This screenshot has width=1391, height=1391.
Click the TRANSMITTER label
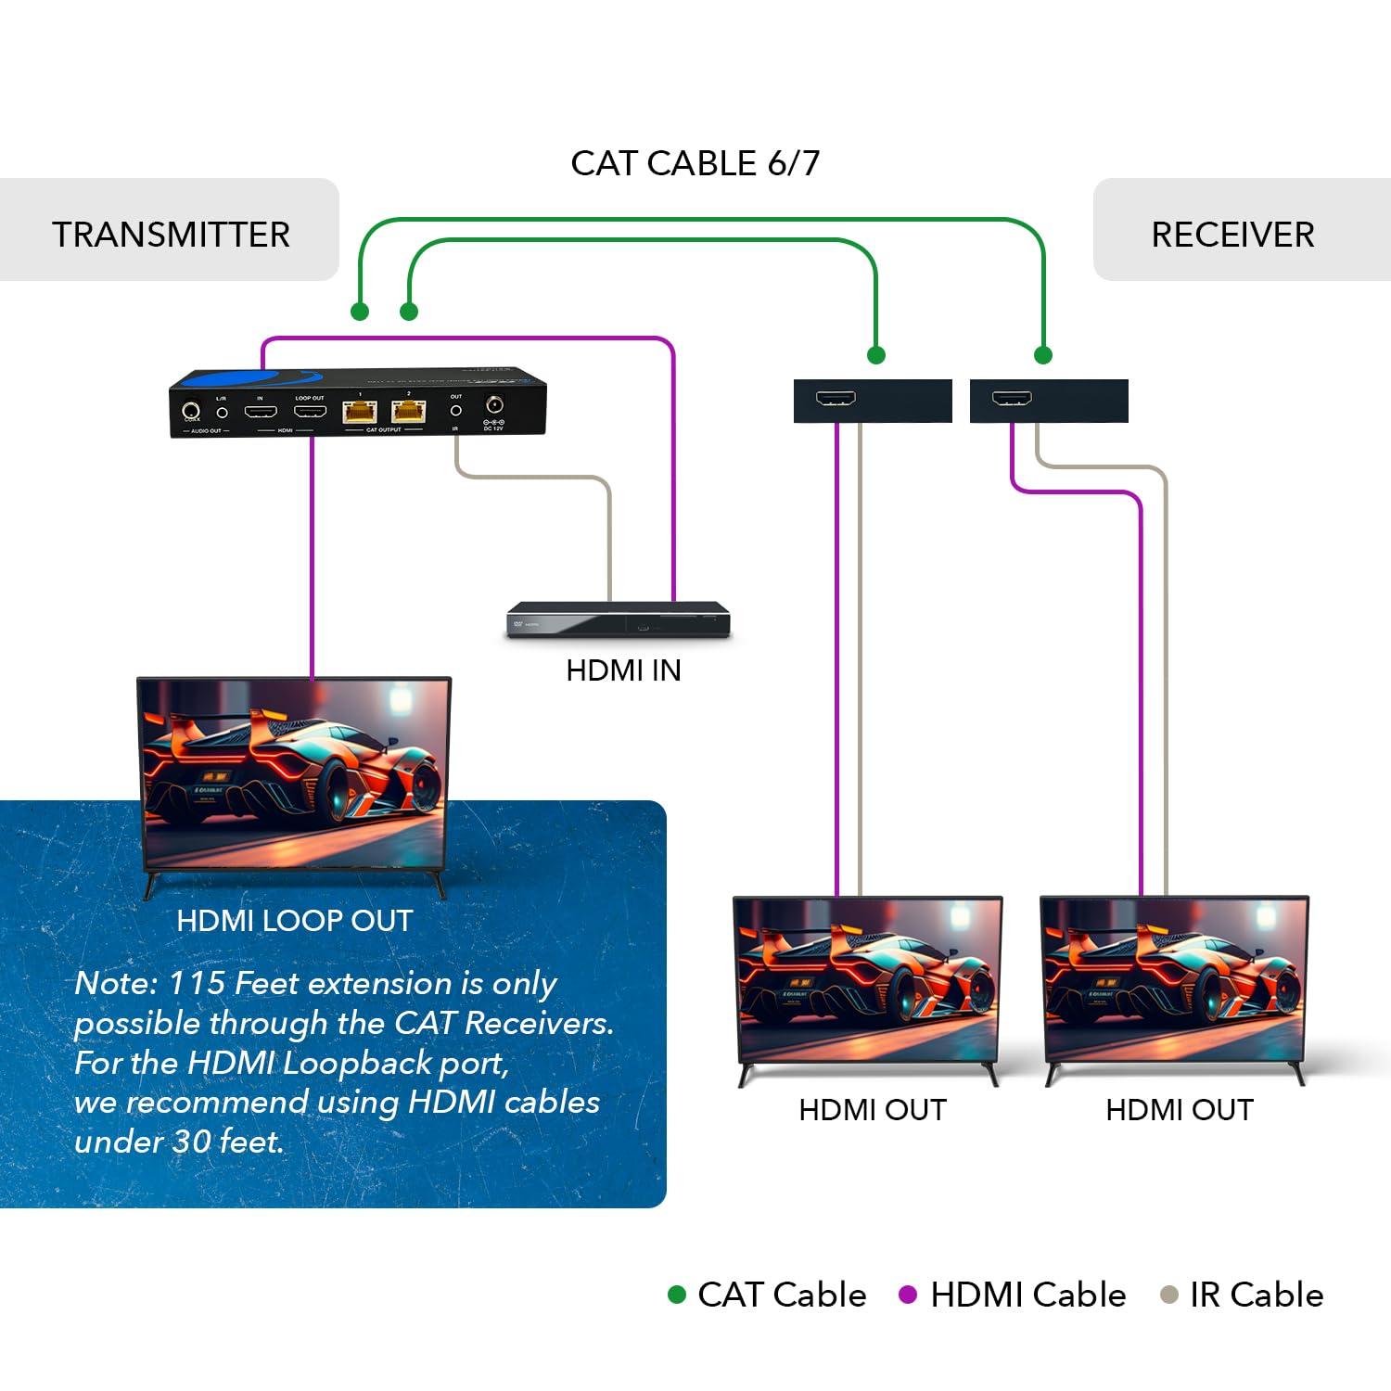pos(171,235)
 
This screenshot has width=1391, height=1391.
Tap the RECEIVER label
pos(1232,235)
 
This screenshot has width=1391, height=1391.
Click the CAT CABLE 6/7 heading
pos(695,163)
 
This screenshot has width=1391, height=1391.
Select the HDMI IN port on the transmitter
pos(261,411)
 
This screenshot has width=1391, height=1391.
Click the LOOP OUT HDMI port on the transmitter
pos(310,411)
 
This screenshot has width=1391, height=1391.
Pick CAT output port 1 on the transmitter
pos(360,411)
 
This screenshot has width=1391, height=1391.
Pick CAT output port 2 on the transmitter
pos(408,411)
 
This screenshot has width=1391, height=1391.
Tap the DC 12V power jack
pos(494,405)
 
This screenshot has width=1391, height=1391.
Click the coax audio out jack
pos(192,409)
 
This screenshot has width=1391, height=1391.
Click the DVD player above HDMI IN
pos(619,620)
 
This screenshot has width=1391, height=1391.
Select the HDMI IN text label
pos(623,670)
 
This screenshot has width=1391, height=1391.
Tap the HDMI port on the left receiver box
pos(836,399)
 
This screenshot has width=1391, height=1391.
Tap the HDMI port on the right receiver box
pos(1012,399)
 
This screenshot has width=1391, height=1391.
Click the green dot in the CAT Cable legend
pos(677,1295)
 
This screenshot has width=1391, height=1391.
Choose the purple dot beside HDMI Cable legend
pos(908,1295)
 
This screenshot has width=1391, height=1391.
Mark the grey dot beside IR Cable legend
pos(1169,1295)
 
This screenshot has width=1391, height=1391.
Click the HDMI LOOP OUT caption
pos(294,921)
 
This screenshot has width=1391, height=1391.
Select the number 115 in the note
pos(198,983)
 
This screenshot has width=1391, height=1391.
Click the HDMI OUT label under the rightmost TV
pos(1179,1110)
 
